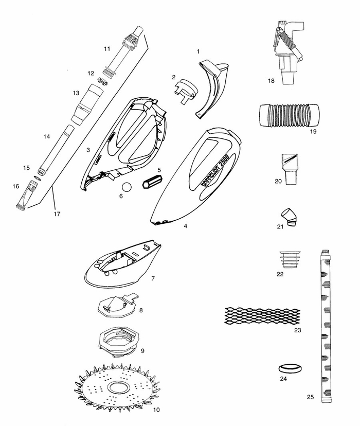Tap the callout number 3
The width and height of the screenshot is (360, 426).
[89, 150]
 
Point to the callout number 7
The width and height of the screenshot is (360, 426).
[153, 278]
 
